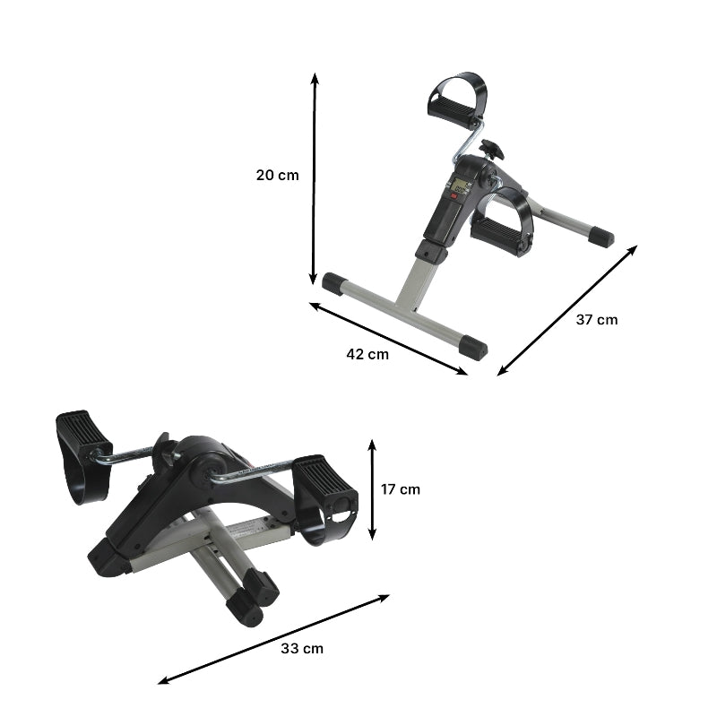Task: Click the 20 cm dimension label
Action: click(x=277, y=175)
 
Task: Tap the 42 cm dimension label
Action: click(x=367, y=353)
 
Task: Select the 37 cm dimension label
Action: click(x=596, y=319)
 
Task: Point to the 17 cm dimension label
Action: click(x=400, y=489)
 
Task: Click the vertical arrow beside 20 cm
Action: click(x=314, y=179)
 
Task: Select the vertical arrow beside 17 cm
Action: click(x=373, y=488)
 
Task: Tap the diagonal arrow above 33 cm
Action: click(x=274, y=639)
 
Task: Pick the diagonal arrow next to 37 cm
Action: click(x=567, y=309)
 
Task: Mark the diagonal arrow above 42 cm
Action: click(x=388, y=338)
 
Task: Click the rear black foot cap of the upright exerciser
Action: click(x=601, y=238)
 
